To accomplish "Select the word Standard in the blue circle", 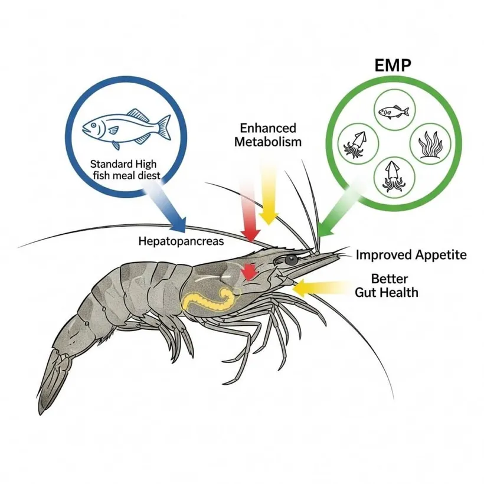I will pos(112,163).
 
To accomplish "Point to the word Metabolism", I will pos(267,142).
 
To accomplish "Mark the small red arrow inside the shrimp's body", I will pos(250,271).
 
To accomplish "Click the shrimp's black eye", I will pos(290,260).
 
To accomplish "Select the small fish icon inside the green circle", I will pos(393,110).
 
